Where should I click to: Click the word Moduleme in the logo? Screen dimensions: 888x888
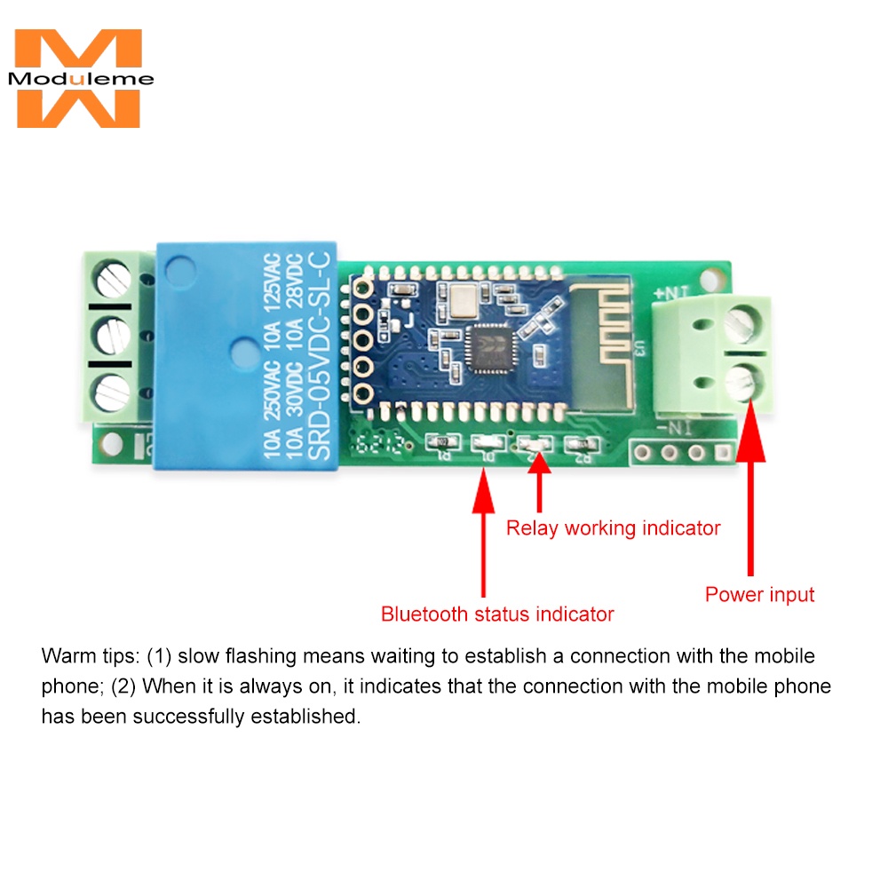(81, 79)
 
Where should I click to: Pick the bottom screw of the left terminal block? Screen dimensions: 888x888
(113, 392)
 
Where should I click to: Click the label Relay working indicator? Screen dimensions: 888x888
(613, 528)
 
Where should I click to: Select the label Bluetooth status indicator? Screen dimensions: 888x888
(497, 614)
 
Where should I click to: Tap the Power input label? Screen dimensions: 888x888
(759, 594)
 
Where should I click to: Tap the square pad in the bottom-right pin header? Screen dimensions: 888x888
(723, 453)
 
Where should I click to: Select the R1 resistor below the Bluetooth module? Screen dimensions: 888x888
(442, 444)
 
